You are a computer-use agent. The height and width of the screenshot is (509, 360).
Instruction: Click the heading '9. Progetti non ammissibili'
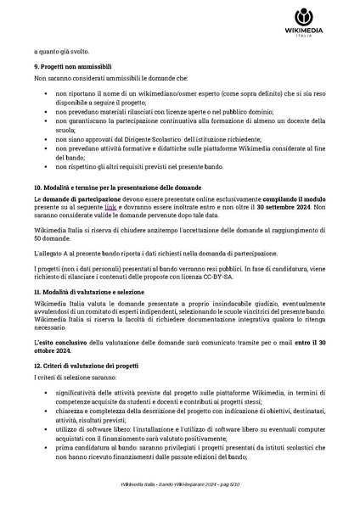point(74,66)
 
